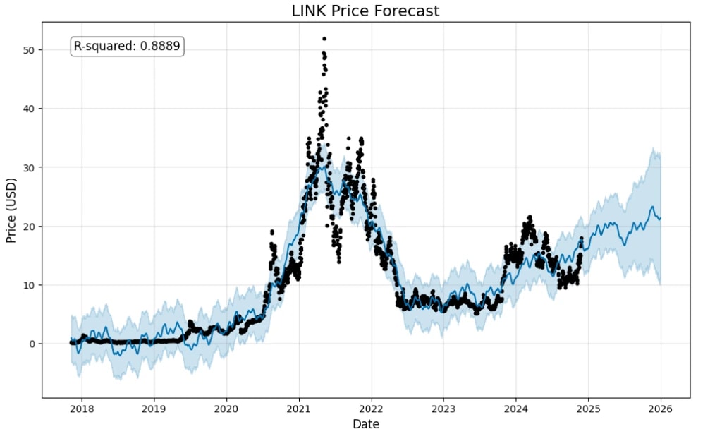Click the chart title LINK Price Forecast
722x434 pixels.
(x=365, y=11)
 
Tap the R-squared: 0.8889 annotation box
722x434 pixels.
(x=128, y=47)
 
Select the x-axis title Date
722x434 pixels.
(x=365, y=424)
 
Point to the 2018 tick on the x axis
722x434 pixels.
(x=82, y=408)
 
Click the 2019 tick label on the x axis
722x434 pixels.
(x=154, y=408)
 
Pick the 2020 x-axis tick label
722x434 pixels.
(x=226, y=408)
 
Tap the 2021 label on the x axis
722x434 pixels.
(x=299, y=408)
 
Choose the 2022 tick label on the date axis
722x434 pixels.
(x=371, y=408)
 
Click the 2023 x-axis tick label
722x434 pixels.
(x=443, y=408)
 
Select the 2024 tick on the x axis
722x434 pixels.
(x=515, y=408)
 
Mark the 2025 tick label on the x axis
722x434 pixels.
(x=588, y=408)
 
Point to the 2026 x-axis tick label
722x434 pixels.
(x=660, y=408)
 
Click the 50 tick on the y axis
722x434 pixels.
(x=29, y=50)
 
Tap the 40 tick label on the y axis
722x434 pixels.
(x=29, y=109)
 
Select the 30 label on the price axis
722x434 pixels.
(x=29, y=167)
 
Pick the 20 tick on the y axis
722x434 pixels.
(x=29, y=227)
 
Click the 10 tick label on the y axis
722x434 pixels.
(x=29, y=285)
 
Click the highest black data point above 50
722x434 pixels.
(x=324, y=39)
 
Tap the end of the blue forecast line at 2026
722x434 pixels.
(x=660, y=218)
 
